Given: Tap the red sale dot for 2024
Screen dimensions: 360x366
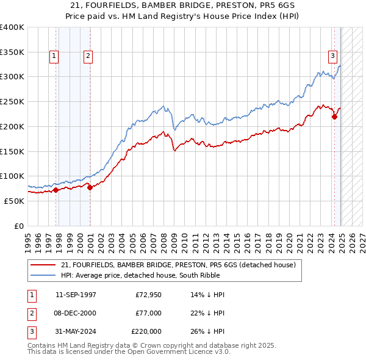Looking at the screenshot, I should click(335, 117).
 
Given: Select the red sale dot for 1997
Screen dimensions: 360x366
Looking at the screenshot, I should click(56, 190).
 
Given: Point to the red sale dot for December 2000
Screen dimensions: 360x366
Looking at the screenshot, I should click(90, 187).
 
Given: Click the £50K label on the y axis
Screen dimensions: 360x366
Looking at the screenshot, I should click(14, 201).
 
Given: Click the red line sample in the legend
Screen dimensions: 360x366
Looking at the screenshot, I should click(44, 265).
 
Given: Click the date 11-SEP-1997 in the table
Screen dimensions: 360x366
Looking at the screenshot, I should click(76, 295).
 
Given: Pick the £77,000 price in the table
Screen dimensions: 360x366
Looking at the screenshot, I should click(148, 314).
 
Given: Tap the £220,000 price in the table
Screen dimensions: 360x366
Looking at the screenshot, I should click(146, 331).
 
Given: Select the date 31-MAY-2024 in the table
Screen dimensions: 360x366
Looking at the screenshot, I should click(76, 331).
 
